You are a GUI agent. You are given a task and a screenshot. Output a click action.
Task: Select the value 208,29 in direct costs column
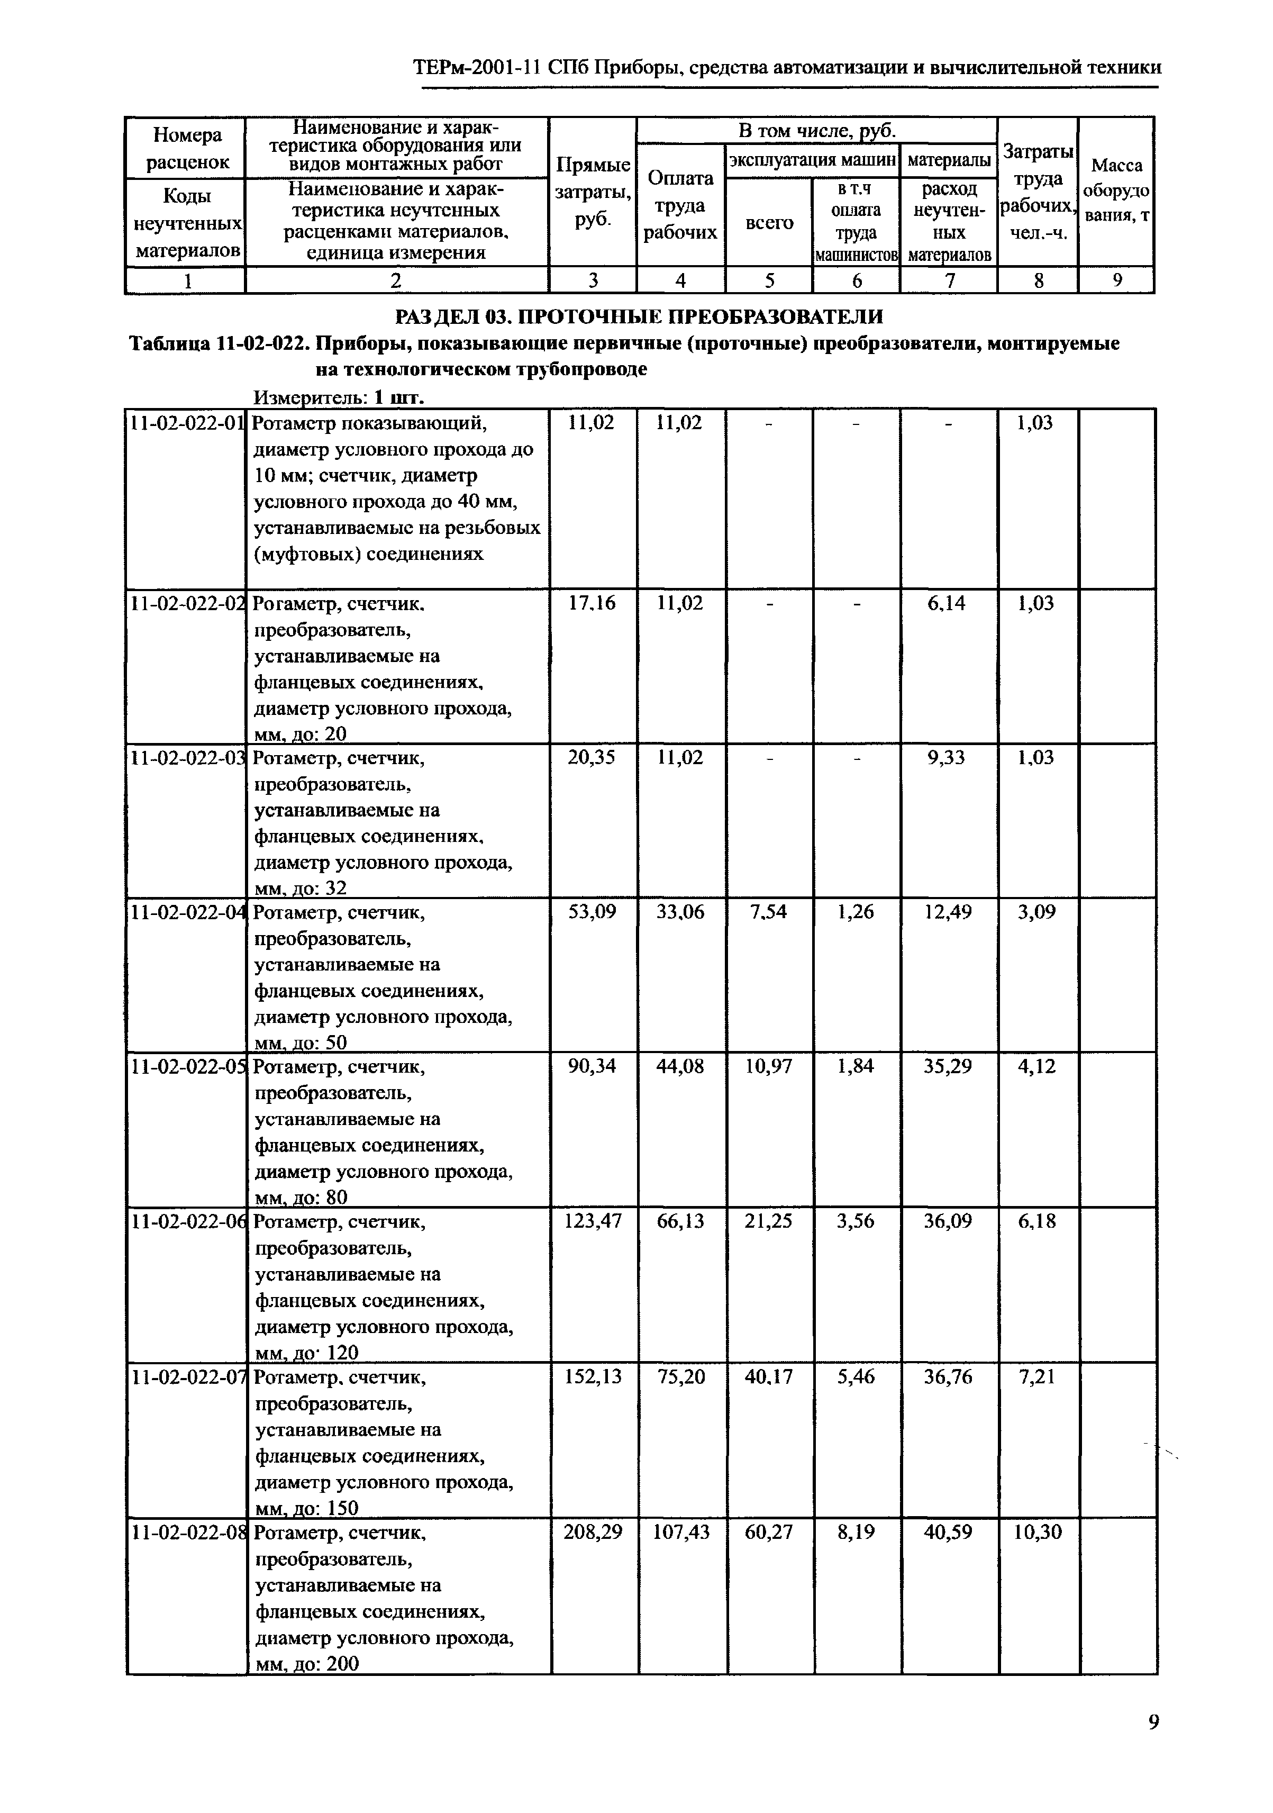click(x=592, y=1533)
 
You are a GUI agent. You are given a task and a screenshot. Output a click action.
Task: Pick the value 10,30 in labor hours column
click(x=1038, y=1533)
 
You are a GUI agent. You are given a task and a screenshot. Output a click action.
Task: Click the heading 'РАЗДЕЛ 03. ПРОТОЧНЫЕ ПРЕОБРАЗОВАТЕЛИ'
click(x=638, y=316)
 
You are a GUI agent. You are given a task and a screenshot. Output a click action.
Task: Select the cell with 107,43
click(x=681, y=1533)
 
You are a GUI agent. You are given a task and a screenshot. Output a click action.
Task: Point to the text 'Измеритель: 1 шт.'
click(x=340, y=396)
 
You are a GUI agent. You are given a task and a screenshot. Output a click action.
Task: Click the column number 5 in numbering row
click(x=768, y=280)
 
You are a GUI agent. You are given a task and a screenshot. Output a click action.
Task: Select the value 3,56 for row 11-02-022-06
click(x=856, y=1221)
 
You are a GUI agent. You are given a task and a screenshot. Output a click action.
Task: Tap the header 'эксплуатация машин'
click(x=812, y=160)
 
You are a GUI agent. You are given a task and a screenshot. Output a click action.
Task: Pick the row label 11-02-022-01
click(x=186, y=423)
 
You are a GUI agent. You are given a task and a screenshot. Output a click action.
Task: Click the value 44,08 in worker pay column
click(x=681, y=1067)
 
